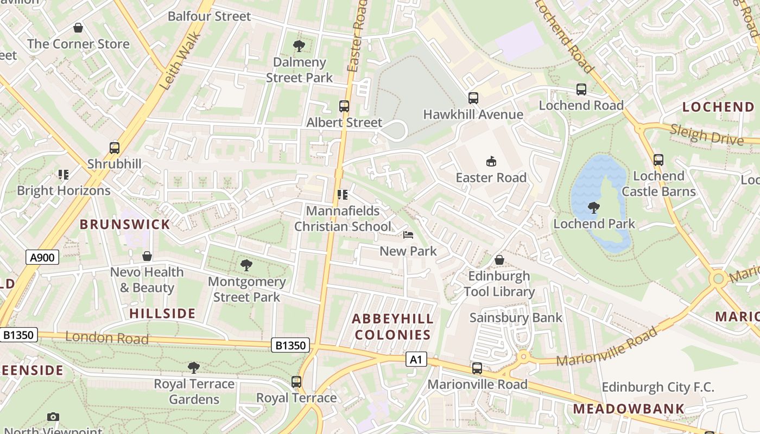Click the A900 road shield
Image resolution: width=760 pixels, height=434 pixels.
pyautogui.click(x=42, y=257)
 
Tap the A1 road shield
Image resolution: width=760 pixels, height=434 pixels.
pyautogui.click(x=416, y=359)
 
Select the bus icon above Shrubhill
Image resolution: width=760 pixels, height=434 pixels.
pyautogui.click(x=115, y=148)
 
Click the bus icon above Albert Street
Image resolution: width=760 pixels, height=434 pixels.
pyautogui.click(x=344, y=106)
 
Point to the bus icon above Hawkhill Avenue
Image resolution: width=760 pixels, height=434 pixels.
pyautogui.click(x=473, y=98)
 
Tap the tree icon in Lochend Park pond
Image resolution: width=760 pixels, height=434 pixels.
pyautogui.click(x=594, y=207)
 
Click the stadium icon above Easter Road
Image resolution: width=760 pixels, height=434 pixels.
pyautogui.click(x=491, y=161)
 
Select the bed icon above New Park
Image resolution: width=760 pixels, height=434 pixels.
pyautogui.click(x=408, y=235)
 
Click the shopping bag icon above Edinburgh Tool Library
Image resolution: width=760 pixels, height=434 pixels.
pyautogui.click(x=499, y=260)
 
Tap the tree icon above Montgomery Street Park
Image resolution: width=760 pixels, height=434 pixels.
pyautogui.click(x=246, y=265)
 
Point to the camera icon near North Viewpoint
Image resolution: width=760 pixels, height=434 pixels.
pyautogui.click(x=53, y=417)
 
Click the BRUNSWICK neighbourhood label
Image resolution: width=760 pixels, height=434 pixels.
pyautogui.click(x=125, y=224)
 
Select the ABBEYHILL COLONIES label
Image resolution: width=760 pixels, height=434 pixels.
pyautogui.click(x=393, y=327)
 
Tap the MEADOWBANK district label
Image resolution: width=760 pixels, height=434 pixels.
pyautogui.click(x=629, y=409)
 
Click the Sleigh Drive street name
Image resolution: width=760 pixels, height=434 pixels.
pyautogui.click(x=706, y=134)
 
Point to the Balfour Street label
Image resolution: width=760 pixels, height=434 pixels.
pyautogui.click(x=209, y=16)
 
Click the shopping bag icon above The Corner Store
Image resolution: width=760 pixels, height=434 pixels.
pyautogui.click(x=78, y=28)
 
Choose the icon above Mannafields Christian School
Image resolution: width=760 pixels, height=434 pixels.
pyautogui.click(x=342, y=194)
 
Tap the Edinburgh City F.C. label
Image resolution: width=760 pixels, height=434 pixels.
pyautogui.click(x=658, y=387)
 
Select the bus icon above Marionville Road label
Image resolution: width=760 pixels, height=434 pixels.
pyautogui.click(x=477, y=368)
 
